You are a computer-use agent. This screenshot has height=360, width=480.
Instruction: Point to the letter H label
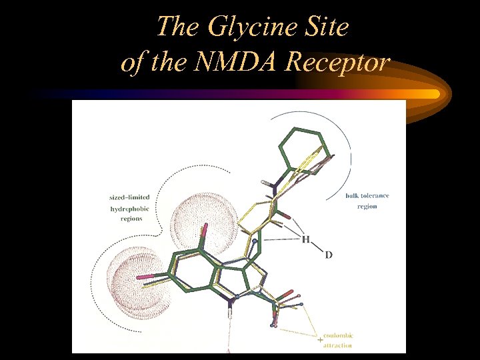305,239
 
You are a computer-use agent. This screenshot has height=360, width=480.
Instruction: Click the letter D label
329,255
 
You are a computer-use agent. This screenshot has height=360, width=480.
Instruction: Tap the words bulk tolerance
367,196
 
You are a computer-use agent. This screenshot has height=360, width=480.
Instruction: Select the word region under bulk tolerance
367,207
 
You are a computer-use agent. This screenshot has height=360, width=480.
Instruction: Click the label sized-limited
129,197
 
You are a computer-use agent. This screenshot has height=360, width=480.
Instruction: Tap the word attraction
339,345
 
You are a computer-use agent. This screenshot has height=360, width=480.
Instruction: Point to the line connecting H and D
317,247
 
